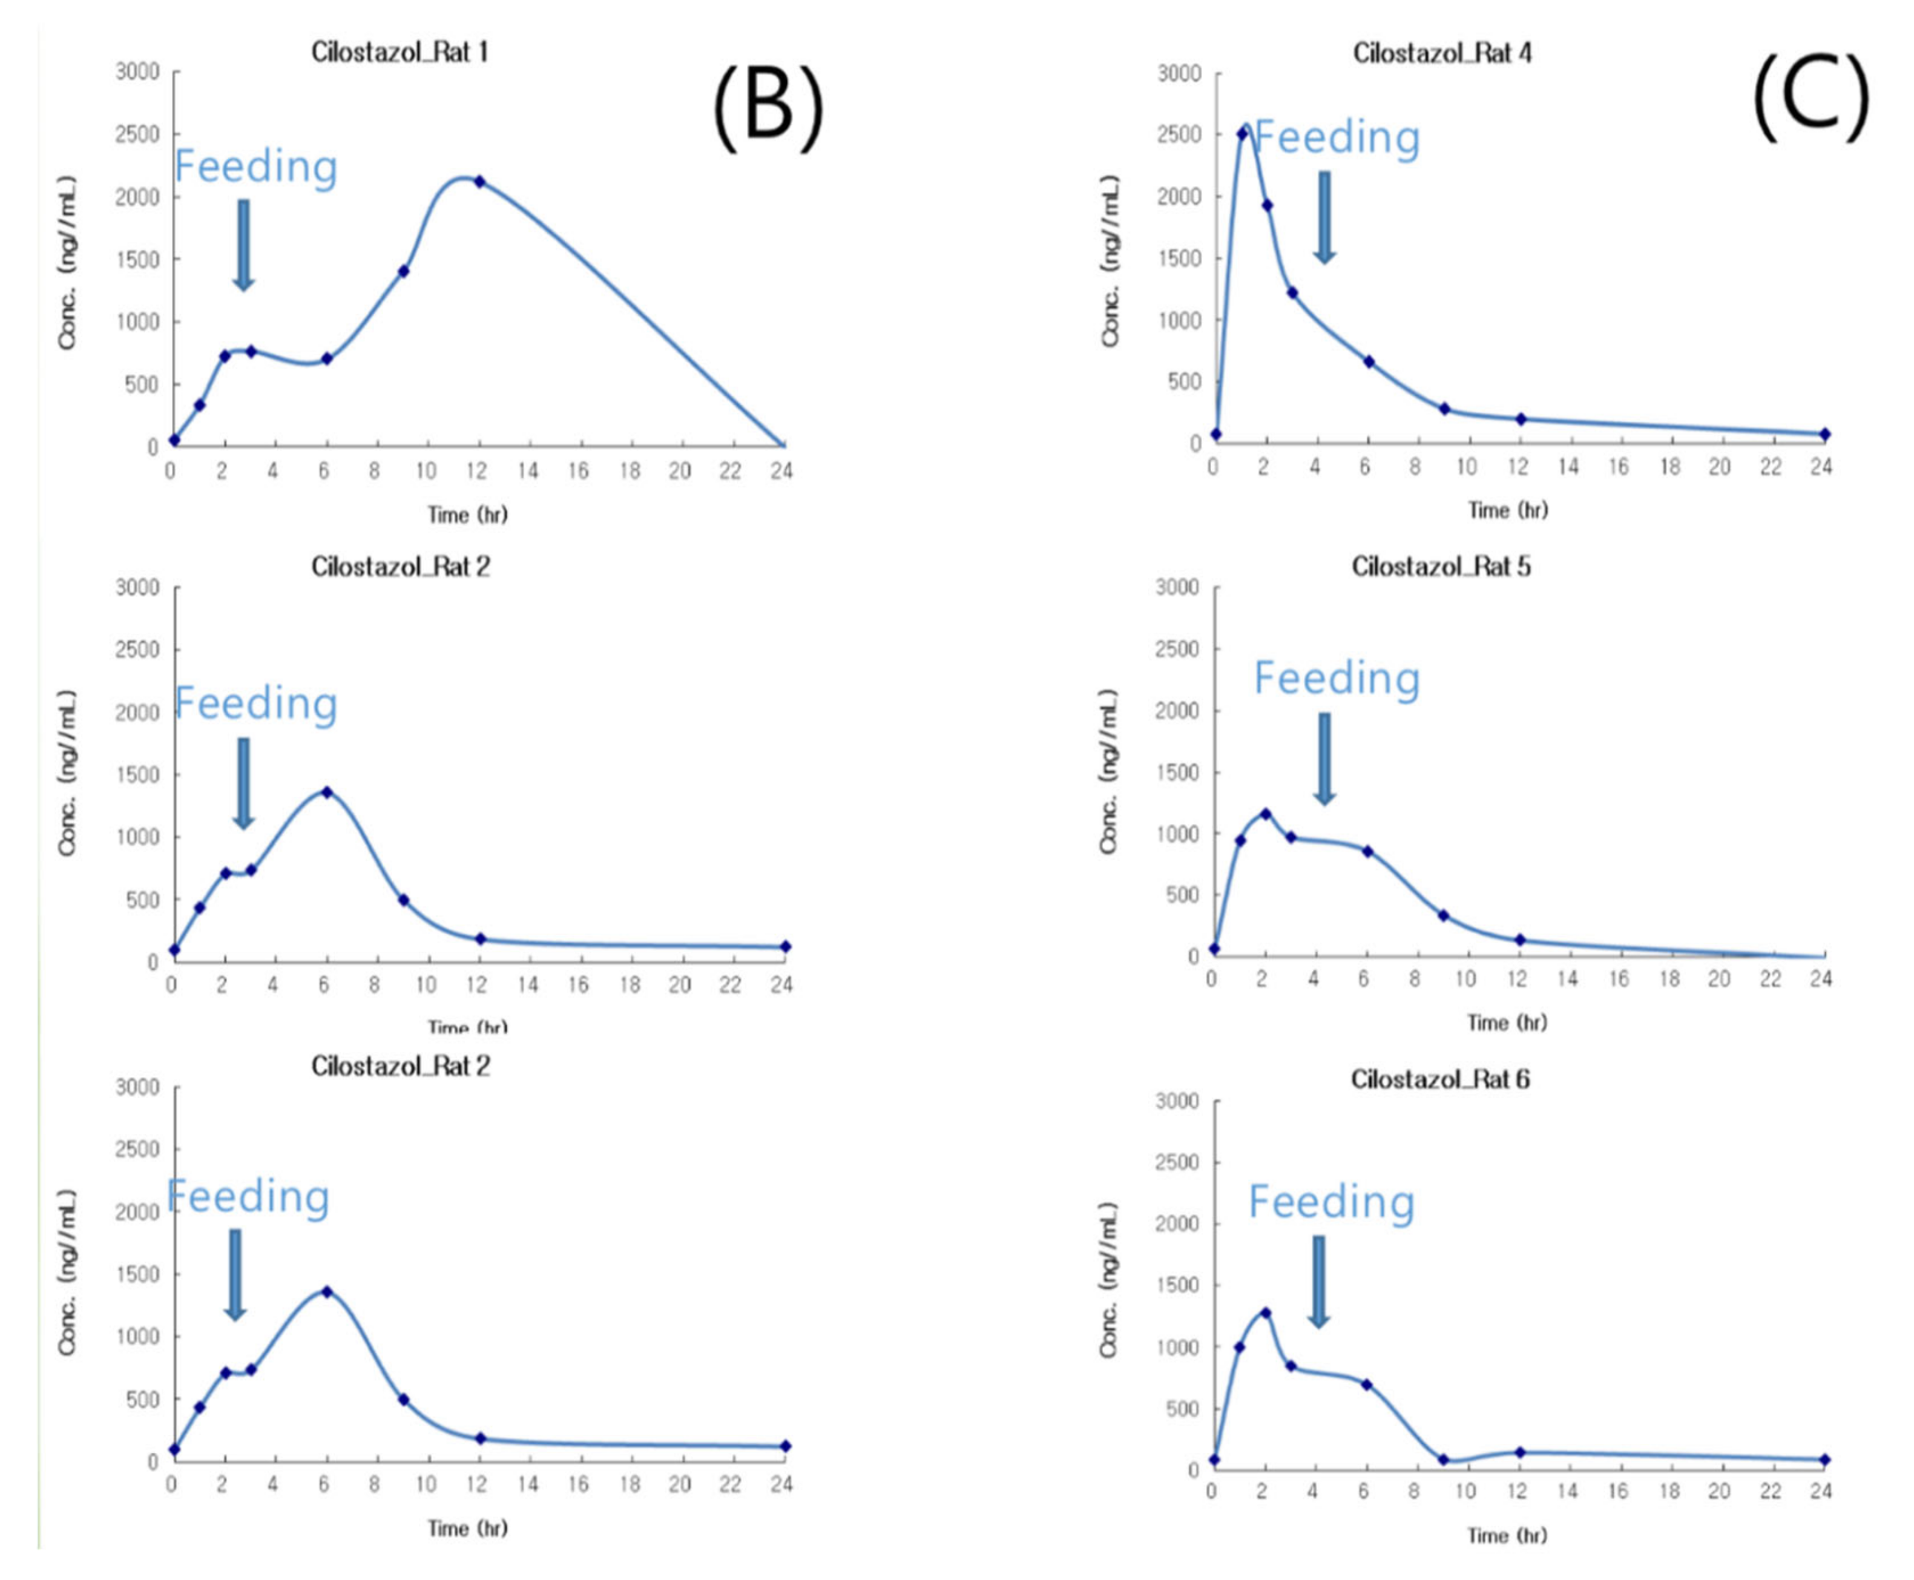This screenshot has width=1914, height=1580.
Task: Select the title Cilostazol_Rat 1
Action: pyautogui.click(x=400, y=52)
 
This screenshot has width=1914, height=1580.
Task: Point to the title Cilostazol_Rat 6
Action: pyautogui.click(x=1440, y=1079)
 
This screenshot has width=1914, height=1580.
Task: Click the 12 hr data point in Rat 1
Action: pyautogui.click(x=479, y=182)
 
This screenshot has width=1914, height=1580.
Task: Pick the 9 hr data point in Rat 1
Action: pyautogui.click(x=403, y=271)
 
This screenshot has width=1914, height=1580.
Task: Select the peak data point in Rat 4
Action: pyautogui.click(x=1242, y=134)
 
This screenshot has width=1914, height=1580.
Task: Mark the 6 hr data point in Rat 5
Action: pyautogui.click(x=1367, y=851)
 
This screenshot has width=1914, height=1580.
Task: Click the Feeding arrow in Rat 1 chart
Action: pyautogui.click(x=243, y=244)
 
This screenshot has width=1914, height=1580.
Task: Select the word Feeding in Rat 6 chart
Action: pyautogui.click(x=1330, y=1202)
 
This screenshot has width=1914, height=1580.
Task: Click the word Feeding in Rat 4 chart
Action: pyautogui.click(x=1336, y=137)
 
